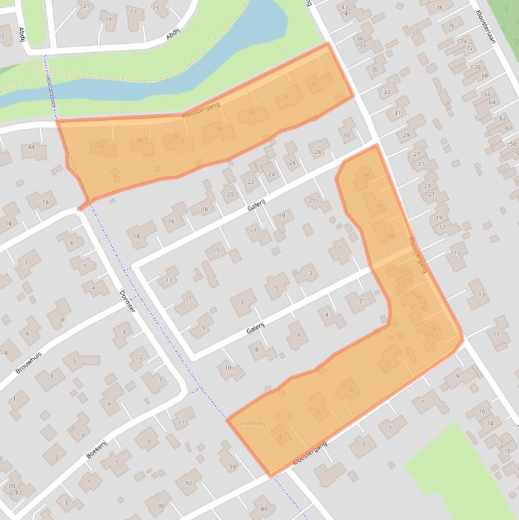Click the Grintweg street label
pos(251,423)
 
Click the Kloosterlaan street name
pos(485,26)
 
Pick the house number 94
pos(233,467)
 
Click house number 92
pos(189,482)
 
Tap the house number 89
pos(264,509)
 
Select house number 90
pos(161,505)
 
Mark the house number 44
pos(31,147)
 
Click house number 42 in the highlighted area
pos(102,145)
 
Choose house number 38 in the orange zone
pos(175,136)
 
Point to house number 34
pos(251,112)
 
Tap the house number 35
pos(375,70)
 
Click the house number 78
pos(440,8)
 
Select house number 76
pos(451,26)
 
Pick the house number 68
pos(484,75)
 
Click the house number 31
pos(398,113)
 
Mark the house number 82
pos(18,492)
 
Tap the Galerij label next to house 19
pos(255,205)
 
